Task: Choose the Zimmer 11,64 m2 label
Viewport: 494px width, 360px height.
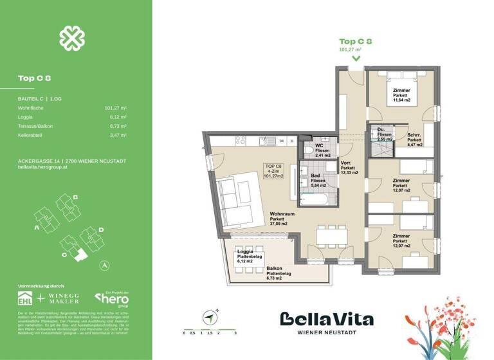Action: pyautogui.click(x=401, y=95)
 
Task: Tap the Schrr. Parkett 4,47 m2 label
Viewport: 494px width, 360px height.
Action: pyautogui.click(x=414, y=139)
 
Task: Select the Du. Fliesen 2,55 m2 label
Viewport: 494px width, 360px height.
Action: pyautogui.click(x=385, y=134)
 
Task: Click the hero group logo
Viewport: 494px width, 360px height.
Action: pyautogui.click(x=111, y=298)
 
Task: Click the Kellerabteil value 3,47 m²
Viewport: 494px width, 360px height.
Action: pyautogui.click(x=118, y=136)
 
